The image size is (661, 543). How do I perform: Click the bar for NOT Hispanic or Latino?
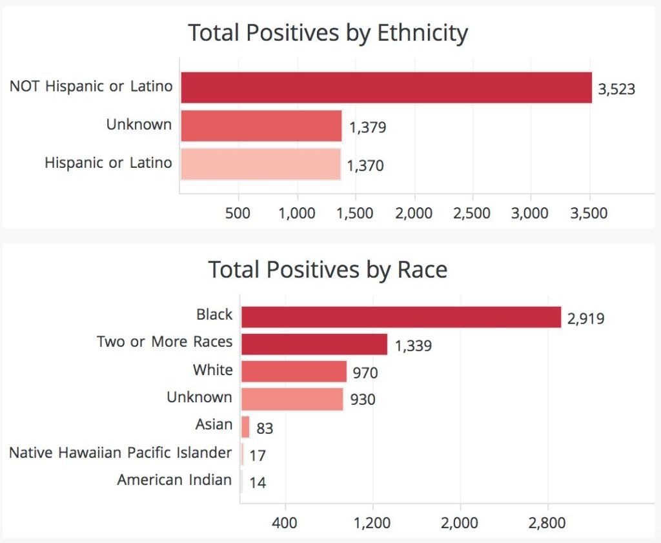point(386,88)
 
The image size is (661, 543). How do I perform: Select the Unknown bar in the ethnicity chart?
point(261,126)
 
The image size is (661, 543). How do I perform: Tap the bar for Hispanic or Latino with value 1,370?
point(261,164)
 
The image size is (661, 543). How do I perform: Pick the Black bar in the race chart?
point(401,317)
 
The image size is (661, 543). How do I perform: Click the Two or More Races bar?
point(314,344)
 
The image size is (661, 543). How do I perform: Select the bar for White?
point(294,371)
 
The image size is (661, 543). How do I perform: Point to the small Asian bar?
point(245,427)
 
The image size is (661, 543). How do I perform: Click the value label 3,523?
point(616,89)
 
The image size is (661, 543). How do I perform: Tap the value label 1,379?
point(367,127)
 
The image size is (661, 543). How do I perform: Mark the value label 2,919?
point(585,319)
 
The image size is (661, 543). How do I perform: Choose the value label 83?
point(265,428)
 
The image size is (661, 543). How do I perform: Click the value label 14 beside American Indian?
point(258,482)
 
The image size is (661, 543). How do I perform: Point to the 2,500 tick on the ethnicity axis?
point(472,213)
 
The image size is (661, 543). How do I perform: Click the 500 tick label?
point(238,213)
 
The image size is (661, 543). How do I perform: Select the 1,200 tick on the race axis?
point(372,523)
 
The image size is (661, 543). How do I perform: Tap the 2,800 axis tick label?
point(547,523)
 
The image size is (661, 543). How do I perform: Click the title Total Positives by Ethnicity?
point(328,34)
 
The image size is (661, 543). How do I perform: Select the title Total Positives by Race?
point(327,270)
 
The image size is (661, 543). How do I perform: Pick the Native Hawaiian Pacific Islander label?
point(121,453)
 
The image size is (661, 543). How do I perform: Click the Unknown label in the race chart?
point(199,397)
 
